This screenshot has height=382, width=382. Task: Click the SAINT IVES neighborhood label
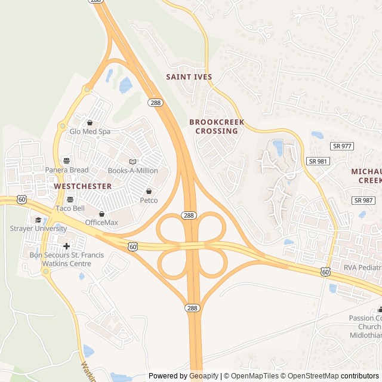coord(188,77)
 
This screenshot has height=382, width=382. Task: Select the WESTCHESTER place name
coord(82,186)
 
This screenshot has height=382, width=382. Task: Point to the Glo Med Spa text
coord(90,131)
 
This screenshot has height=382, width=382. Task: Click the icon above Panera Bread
coord(66,161)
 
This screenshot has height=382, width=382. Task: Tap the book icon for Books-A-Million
coord(133,161)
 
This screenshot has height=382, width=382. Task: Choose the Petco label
coord(149,201)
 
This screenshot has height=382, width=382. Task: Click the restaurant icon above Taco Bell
coord(70,199)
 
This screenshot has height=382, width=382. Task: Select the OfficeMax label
coord(101,223)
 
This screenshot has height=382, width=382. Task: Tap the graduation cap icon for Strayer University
coord(38,220)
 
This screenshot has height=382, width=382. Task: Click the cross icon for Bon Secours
coord(66,246)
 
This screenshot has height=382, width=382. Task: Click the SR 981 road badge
coord(318,161)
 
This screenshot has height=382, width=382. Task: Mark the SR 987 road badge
coord(363,200)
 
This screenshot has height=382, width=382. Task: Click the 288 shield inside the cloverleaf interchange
coord(189,215)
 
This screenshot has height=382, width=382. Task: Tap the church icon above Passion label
coord(380,309)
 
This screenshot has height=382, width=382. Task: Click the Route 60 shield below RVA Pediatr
coord(325,272)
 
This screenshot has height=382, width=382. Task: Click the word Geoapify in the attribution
coord(205,376)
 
